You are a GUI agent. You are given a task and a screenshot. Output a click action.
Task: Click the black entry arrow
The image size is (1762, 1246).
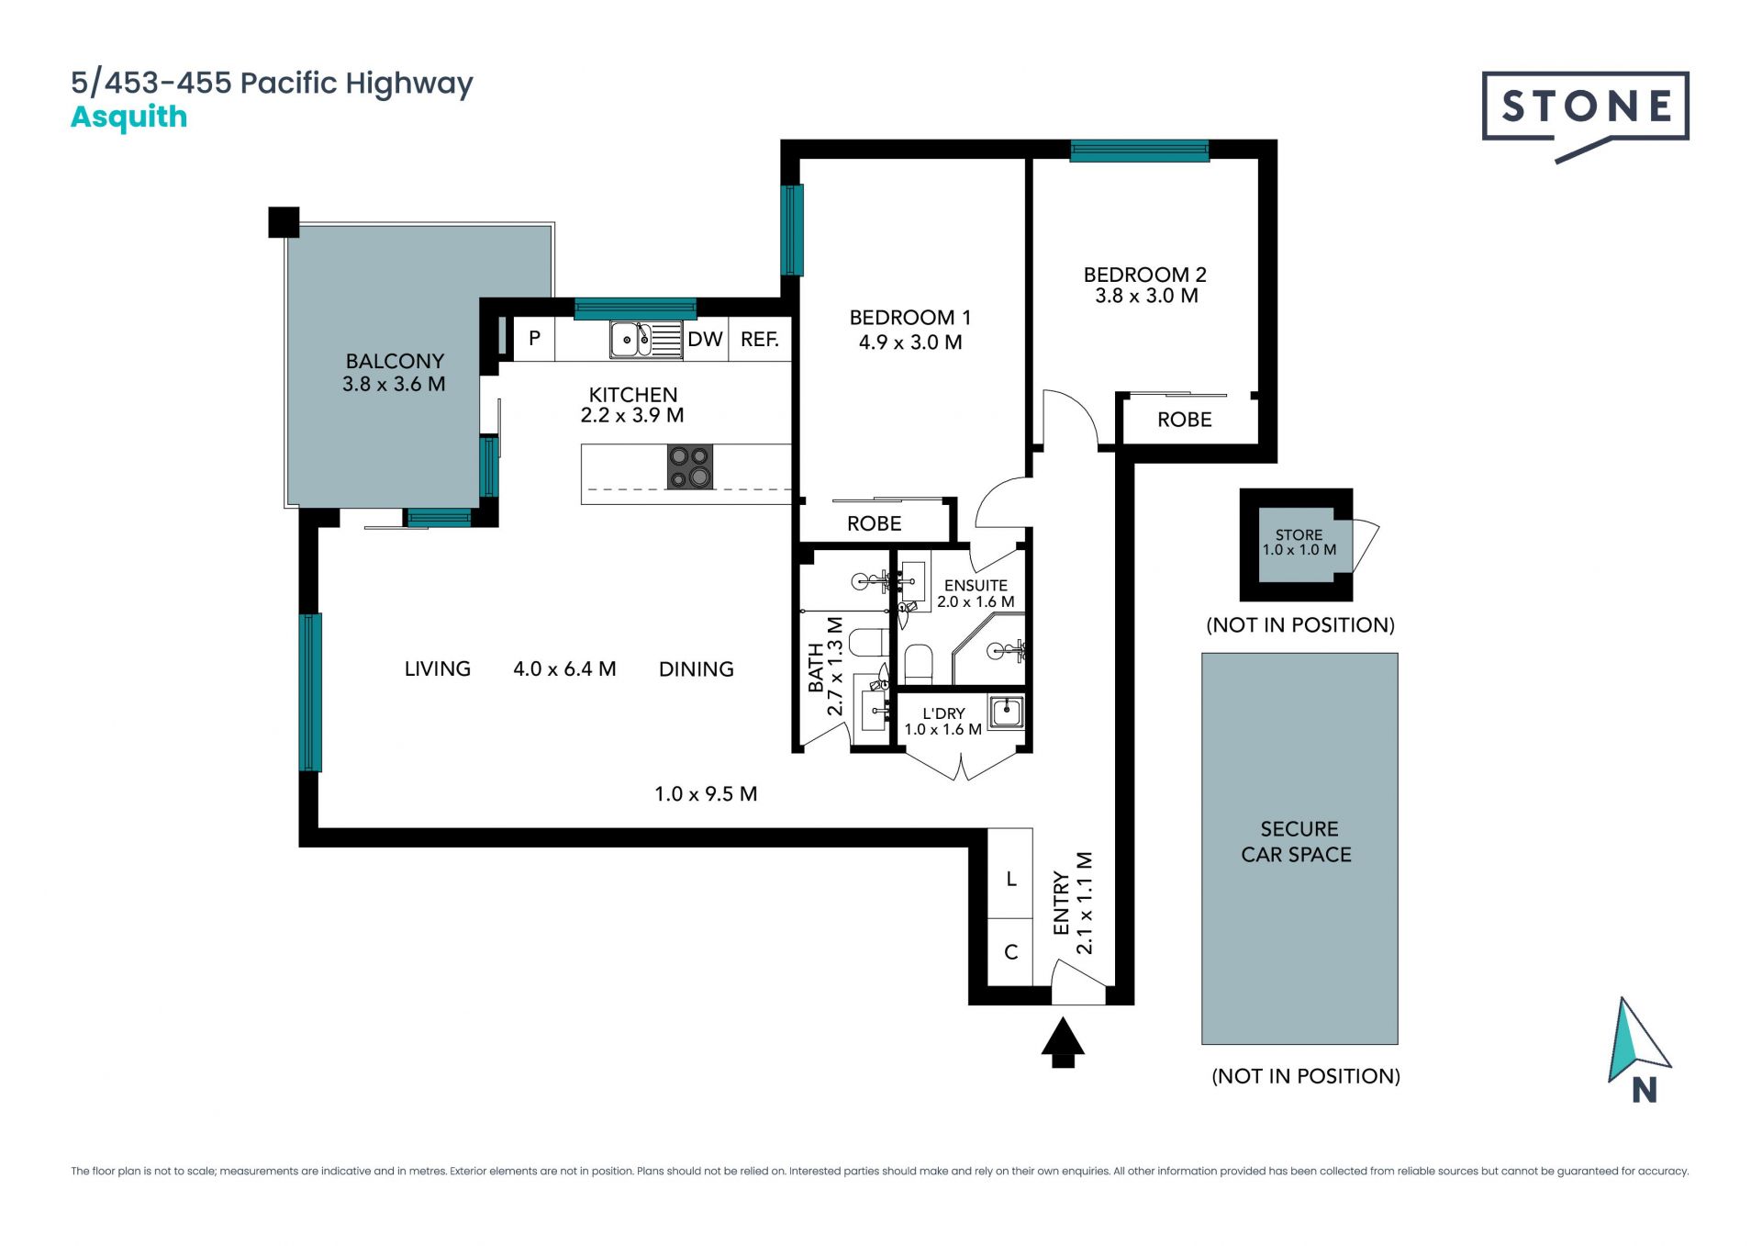tap(1063, 1042)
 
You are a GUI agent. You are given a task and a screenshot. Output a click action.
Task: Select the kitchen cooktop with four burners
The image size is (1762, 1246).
tap(689, 466)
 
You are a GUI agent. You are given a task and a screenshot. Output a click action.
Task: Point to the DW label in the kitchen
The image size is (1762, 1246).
tap(705, 340)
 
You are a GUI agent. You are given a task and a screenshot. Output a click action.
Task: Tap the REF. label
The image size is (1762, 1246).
tap(760, 340)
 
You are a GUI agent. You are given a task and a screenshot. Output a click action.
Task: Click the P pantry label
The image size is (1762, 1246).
tap(534, 338)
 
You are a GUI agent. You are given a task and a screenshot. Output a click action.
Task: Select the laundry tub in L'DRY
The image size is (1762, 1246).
tap(1007, 711)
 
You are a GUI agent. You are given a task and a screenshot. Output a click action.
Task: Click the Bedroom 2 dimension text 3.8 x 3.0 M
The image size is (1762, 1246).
tap(1146, 296)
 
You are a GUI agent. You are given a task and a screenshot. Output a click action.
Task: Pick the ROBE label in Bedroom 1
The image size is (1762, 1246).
tap(874, 523)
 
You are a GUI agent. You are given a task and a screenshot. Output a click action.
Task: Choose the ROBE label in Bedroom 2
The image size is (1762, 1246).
tap(1184, 420)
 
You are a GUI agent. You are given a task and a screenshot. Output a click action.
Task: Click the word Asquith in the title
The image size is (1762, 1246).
tap(129, 118)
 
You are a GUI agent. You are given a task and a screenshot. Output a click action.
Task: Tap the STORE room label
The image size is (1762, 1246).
tap(1299, 534)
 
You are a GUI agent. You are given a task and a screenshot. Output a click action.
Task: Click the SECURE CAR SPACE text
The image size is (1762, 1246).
tap(1297, 841)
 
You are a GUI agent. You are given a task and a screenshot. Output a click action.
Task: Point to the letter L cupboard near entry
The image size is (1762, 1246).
tap(1010, 879)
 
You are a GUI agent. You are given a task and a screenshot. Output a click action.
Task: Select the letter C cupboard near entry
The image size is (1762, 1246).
tap(1010, 952)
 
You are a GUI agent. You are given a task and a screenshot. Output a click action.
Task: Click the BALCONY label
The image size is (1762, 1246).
tap(395, 361)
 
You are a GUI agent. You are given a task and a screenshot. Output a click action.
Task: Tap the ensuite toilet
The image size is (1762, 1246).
tap(918, 663)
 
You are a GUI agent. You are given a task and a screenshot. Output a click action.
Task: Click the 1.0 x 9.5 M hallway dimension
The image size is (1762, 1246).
tap(706, 794)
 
